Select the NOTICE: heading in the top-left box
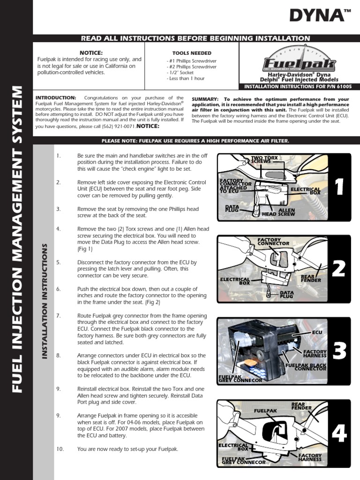pos(91,52)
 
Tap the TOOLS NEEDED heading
pos(192,53)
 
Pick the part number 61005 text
pos(344,86)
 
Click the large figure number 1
pos(340,187)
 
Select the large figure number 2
pos(339,269)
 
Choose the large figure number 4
pos(339,434)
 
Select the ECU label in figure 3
pos(317,332)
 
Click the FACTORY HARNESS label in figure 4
pos(310,457)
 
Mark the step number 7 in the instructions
pos(58,316)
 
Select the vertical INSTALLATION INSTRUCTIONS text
pos(45,301)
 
